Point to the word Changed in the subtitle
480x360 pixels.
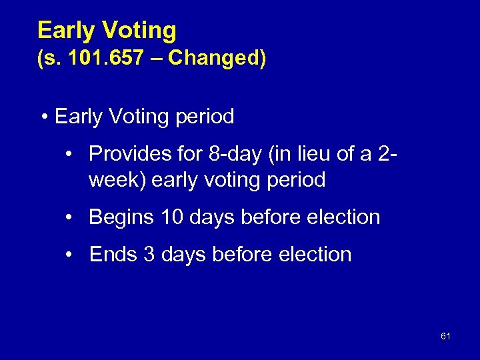coord(213,59)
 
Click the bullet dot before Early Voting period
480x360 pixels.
coord(44,117)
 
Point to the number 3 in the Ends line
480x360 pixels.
coord(149,254)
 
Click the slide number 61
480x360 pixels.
coord(445,337)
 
